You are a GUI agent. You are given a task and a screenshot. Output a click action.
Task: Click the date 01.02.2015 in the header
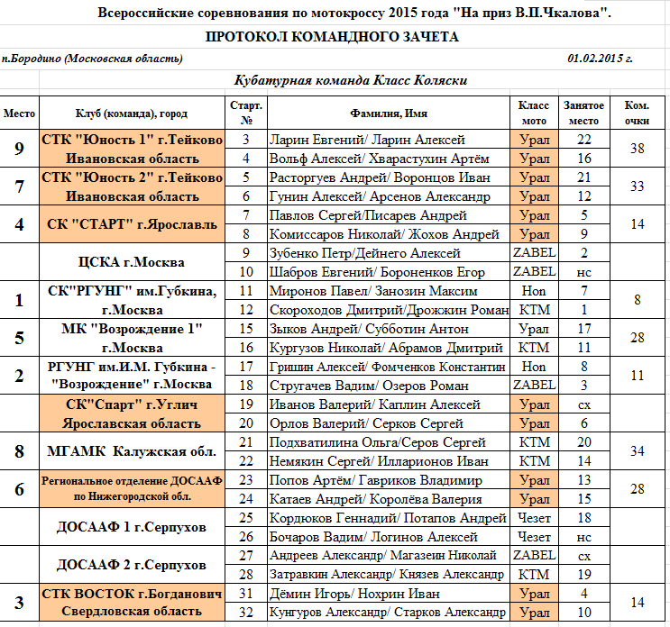600,59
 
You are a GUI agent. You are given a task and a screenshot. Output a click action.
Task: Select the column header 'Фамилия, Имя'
388,114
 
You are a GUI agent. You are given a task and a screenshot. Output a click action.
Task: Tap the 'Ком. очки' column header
637,113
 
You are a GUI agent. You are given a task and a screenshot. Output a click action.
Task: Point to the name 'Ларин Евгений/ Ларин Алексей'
367,140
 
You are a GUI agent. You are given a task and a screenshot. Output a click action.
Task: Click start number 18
246,386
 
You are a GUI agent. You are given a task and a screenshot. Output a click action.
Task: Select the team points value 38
637,149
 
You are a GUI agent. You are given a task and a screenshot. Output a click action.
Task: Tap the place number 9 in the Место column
20,149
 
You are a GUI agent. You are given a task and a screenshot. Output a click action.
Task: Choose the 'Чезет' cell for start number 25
534,518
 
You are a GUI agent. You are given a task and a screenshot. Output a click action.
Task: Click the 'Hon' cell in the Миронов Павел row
534,291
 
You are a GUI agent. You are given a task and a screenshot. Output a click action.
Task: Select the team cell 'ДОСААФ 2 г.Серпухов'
131,565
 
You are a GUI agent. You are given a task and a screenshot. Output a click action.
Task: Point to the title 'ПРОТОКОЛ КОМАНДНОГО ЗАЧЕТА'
332,37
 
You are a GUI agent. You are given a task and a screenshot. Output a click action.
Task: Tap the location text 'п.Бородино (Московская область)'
92,59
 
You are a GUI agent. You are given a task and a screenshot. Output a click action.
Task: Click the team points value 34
637,450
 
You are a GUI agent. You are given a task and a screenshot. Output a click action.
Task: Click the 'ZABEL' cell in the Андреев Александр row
534,556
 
